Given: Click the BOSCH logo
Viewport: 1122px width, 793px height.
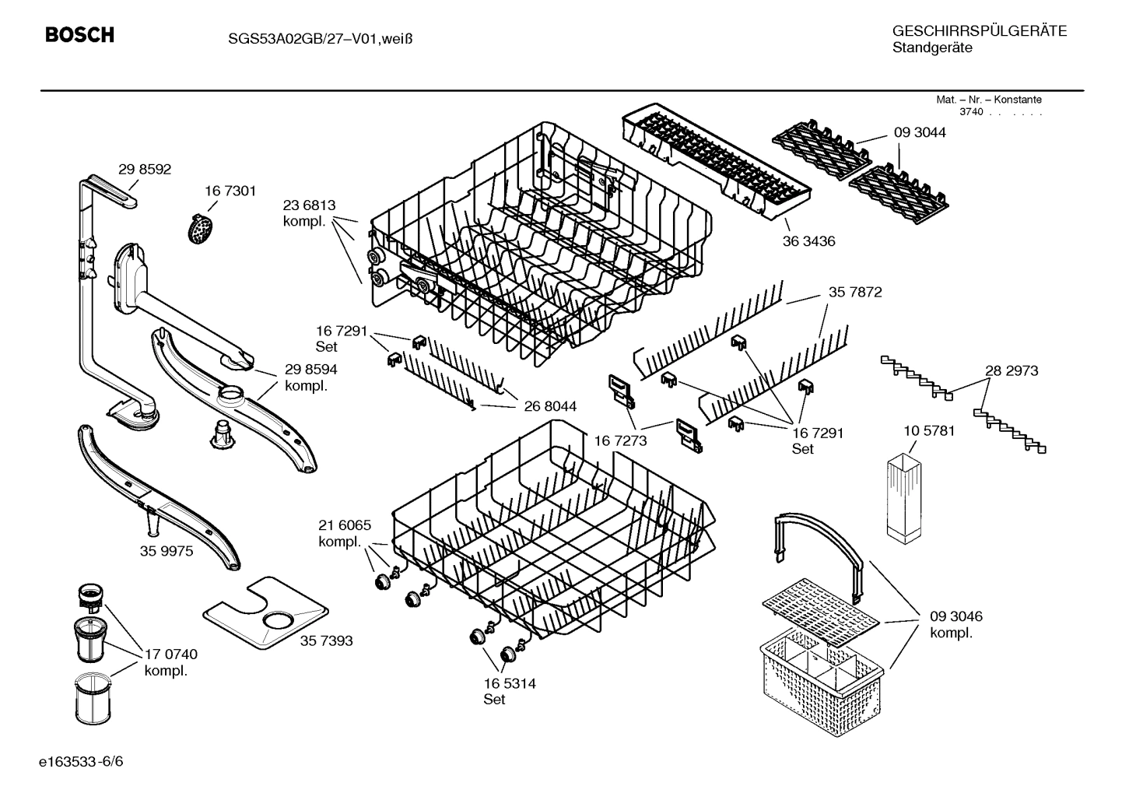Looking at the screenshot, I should tap(79, 35).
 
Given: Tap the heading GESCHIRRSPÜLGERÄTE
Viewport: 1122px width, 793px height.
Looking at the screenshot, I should tap(979, 31).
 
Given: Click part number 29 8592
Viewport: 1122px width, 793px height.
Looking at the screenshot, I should tap(145, 169).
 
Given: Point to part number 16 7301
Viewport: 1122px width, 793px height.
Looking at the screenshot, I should tap(230, 191).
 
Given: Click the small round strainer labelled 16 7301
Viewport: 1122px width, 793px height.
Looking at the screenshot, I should tap(202, 228).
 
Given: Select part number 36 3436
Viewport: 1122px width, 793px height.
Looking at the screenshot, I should tap(808, 241).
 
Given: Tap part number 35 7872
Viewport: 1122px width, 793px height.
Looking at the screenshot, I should tap(855, 292).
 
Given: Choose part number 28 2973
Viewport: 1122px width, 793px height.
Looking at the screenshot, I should tap(1012, 370).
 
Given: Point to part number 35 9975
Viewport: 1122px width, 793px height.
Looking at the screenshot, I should tap(167, 551).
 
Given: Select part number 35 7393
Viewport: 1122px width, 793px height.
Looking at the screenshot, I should tap(326, 640).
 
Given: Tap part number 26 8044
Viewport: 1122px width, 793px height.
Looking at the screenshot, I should tap(550, 406).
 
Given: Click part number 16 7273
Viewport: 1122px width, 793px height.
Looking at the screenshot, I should tap(620, 440).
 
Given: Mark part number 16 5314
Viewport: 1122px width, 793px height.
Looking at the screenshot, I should tap(509, 683).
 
